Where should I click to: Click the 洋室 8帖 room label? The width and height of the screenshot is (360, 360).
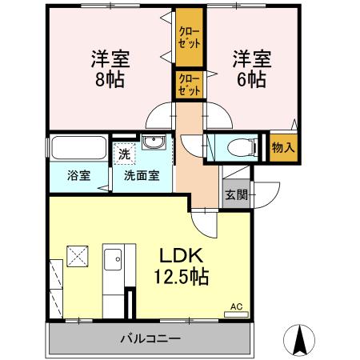click(110, 70)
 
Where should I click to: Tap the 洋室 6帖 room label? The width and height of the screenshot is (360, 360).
click(251, 70)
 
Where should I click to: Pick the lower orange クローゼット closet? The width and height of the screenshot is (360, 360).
click(189, 84)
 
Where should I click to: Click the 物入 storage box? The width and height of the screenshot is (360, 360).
click(283, 148)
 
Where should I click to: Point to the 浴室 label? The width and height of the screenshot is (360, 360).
click(77, 176)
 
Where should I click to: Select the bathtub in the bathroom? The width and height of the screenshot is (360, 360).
click(78, 148)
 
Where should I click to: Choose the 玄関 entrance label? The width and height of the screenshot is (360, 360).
click(235, 194)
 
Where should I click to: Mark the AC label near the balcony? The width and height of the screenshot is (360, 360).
click(236, 306)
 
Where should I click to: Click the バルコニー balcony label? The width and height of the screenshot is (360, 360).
click(150, 338)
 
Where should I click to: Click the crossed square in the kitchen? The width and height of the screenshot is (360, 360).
click(78, 257)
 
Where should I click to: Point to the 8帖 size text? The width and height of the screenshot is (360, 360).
click(110, 80)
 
